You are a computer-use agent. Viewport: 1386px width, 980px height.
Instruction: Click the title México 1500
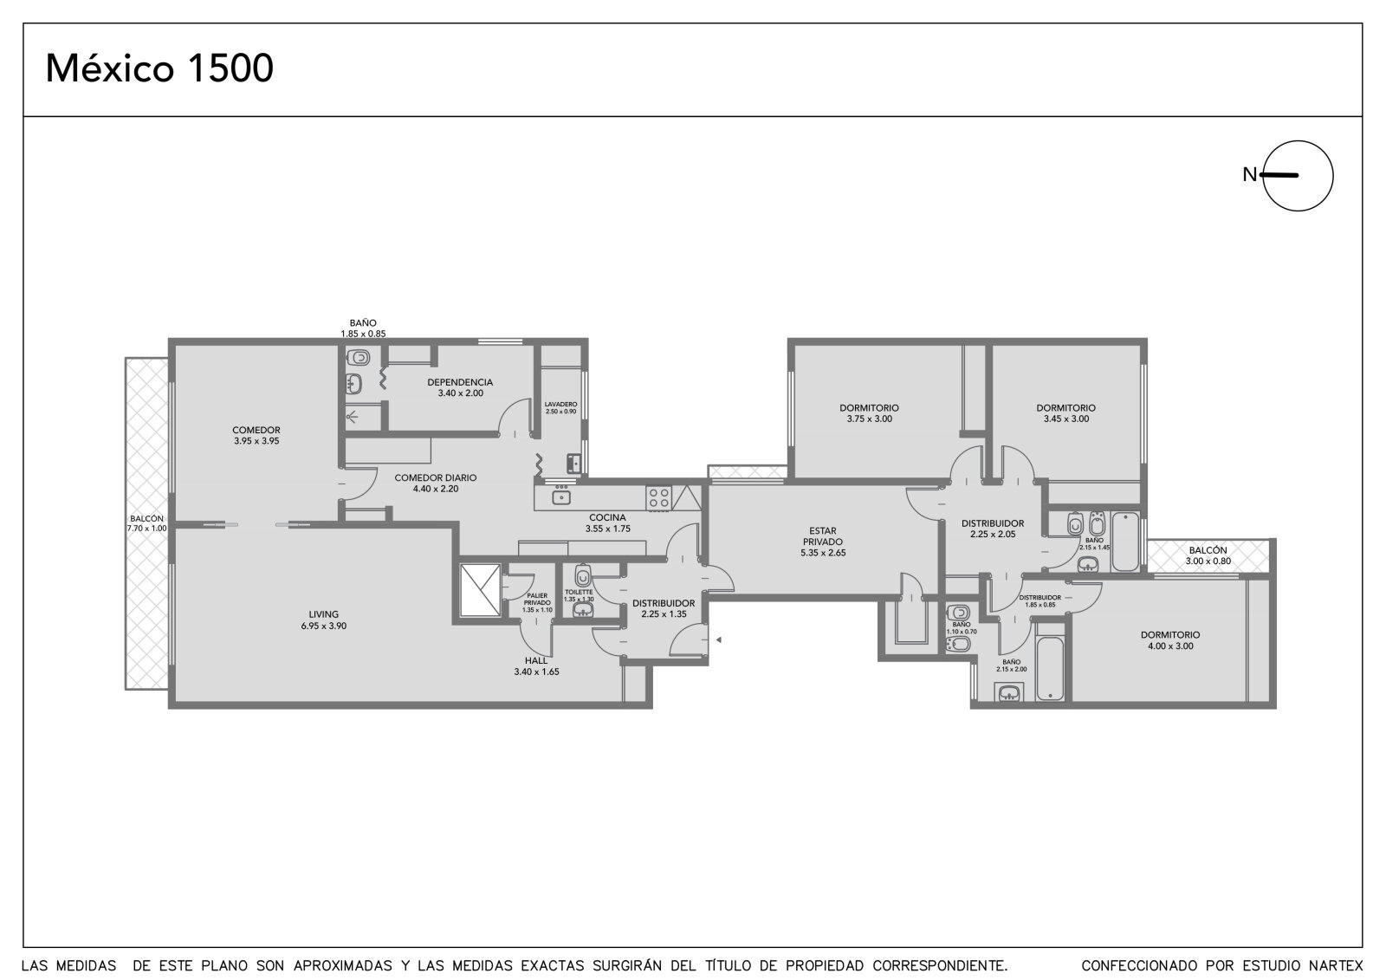coord(159,68)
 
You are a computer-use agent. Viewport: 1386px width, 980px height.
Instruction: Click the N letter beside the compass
coord(1249,175)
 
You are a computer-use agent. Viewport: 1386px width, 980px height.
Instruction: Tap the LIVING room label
coord(324,620)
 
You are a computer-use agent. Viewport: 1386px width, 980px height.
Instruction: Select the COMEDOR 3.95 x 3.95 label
coord(256,435)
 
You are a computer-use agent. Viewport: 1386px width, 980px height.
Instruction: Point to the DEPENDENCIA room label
coord(460,387)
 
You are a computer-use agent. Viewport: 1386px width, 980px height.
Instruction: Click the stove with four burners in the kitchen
coord(658,497)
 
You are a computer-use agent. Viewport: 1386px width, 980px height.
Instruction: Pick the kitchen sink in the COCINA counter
coord(561,497)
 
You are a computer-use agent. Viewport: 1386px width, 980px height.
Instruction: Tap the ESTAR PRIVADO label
coord(823,542)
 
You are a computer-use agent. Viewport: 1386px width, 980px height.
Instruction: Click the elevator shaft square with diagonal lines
coord(481,590)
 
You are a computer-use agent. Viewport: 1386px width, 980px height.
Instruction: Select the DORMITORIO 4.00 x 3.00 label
coord(1170,640)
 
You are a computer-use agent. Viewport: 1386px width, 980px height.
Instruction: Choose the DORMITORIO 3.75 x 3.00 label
coord(870,413)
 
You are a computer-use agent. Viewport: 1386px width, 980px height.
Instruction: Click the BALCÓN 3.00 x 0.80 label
coord(1208,555)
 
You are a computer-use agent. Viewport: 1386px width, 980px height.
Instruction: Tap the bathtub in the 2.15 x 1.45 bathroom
coord(1125,541)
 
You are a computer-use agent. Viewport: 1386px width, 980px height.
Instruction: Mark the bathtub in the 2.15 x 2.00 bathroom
coord(1050,669)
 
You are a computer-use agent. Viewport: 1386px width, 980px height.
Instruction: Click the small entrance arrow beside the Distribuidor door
coord(719,640)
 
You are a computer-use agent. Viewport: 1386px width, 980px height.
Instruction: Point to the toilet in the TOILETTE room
coord(583,575)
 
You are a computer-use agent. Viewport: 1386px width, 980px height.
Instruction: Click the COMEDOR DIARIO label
coord(436,483)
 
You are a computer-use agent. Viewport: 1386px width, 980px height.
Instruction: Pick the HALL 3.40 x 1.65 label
coord(536,666)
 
